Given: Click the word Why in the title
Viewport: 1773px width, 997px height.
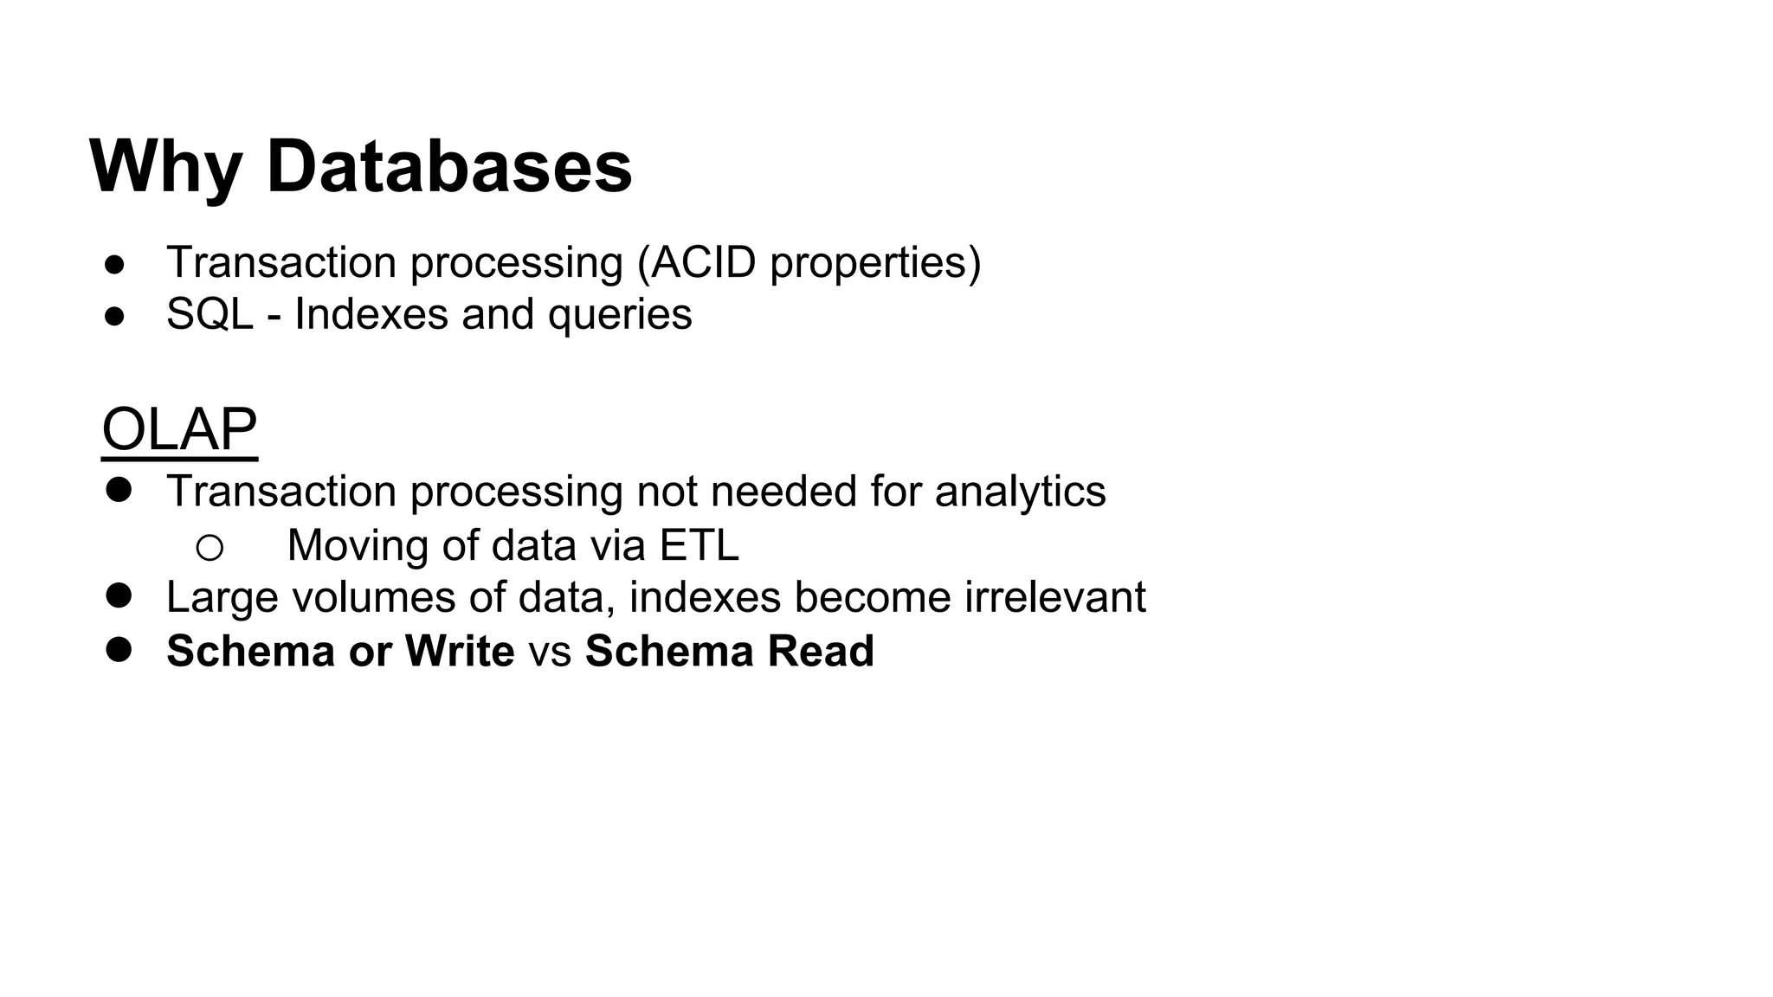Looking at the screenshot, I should click(x=165, y=167).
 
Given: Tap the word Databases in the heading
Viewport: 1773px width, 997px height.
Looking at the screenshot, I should click(x=449, y=167).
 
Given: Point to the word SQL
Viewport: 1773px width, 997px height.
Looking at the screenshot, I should click(x=210, y=314).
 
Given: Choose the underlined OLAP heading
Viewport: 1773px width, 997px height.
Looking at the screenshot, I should click(x=179, y=429).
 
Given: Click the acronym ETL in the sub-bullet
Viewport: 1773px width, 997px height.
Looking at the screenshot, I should click(x=699, y=545).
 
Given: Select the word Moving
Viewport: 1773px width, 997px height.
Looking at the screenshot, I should click(x=358, y=546).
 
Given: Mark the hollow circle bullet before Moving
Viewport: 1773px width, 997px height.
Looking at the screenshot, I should click(x=210, y=547).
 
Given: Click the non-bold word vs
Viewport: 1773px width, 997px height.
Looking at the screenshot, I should click(x=550, y=652).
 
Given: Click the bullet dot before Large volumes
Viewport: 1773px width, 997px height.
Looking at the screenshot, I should click(x=119, y=595).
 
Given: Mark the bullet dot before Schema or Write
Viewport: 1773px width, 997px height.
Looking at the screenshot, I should click(x=119, y=649).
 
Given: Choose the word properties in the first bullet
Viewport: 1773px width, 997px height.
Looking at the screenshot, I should click(x=875, y=264).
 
